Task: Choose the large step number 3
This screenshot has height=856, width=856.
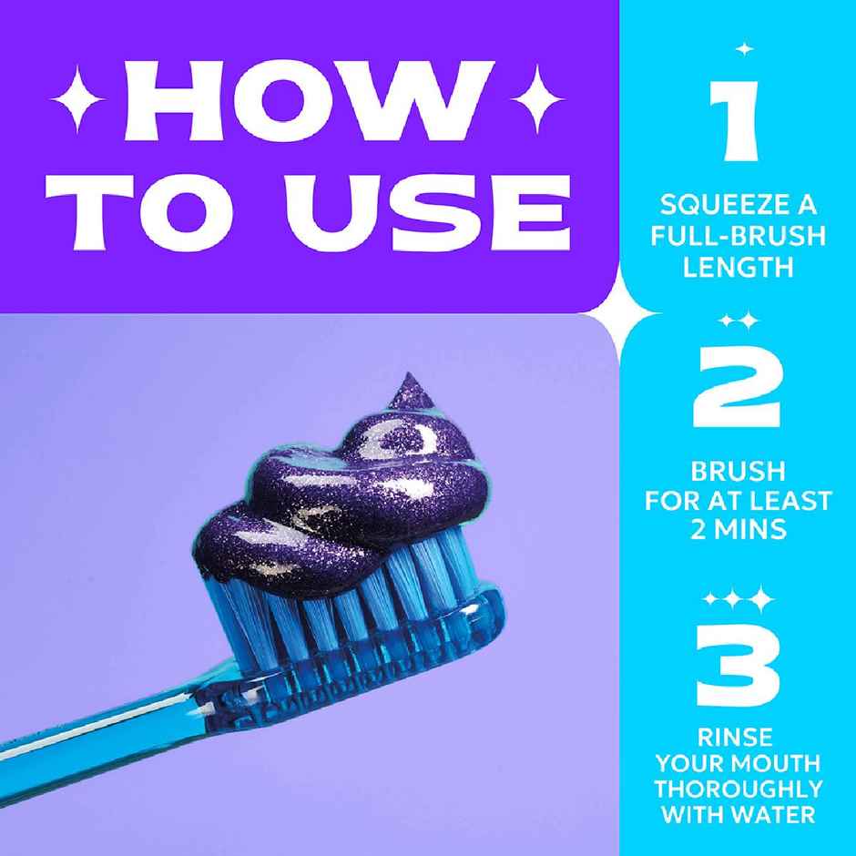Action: pos(737,658)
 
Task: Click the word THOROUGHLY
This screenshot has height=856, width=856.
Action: pos(737,788)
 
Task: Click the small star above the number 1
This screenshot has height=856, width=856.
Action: pos(744,47)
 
